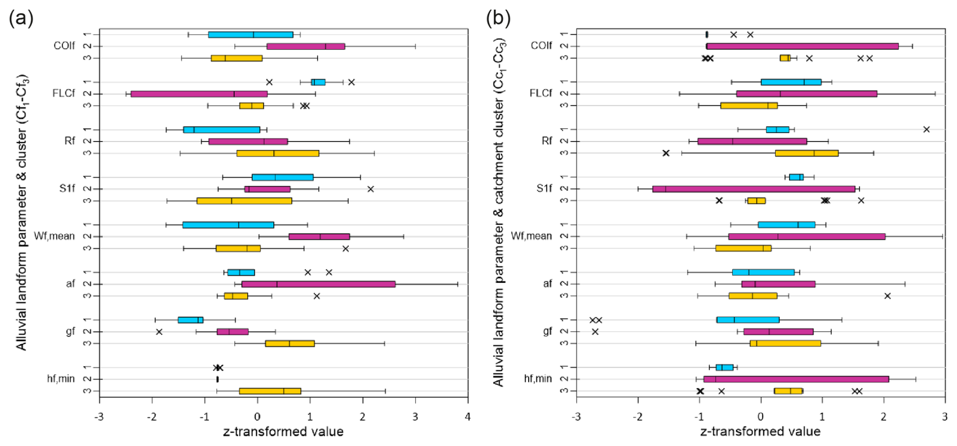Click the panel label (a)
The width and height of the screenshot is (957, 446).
21,19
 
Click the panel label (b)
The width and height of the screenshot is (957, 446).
498,19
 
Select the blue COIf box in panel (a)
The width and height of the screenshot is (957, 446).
250,35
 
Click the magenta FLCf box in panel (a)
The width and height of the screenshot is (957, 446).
199,94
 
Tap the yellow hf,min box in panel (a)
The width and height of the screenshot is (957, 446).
270,391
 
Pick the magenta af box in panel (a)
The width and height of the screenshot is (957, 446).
318,284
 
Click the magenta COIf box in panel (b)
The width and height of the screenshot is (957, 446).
802,46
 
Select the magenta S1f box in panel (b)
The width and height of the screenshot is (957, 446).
754,189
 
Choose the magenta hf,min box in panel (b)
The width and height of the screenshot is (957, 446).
796,379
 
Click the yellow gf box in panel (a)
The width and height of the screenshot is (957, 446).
290,344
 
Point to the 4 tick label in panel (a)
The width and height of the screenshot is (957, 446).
468,417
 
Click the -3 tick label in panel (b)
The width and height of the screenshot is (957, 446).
576,417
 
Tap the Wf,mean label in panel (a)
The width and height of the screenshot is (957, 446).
54,236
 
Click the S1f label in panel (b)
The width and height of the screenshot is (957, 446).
544,188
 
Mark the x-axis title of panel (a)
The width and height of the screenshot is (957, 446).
283,432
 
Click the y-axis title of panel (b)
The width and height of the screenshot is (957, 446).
499,212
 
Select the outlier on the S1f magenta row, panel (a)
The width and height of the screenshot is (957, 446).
370,189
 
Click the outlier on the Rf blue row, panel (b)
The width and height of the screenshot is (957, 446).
926,130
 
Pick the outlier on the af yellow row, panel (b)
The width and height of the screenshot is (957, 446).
887,296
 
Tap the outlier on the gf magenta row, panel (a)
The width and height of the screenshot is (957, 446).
159,332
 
